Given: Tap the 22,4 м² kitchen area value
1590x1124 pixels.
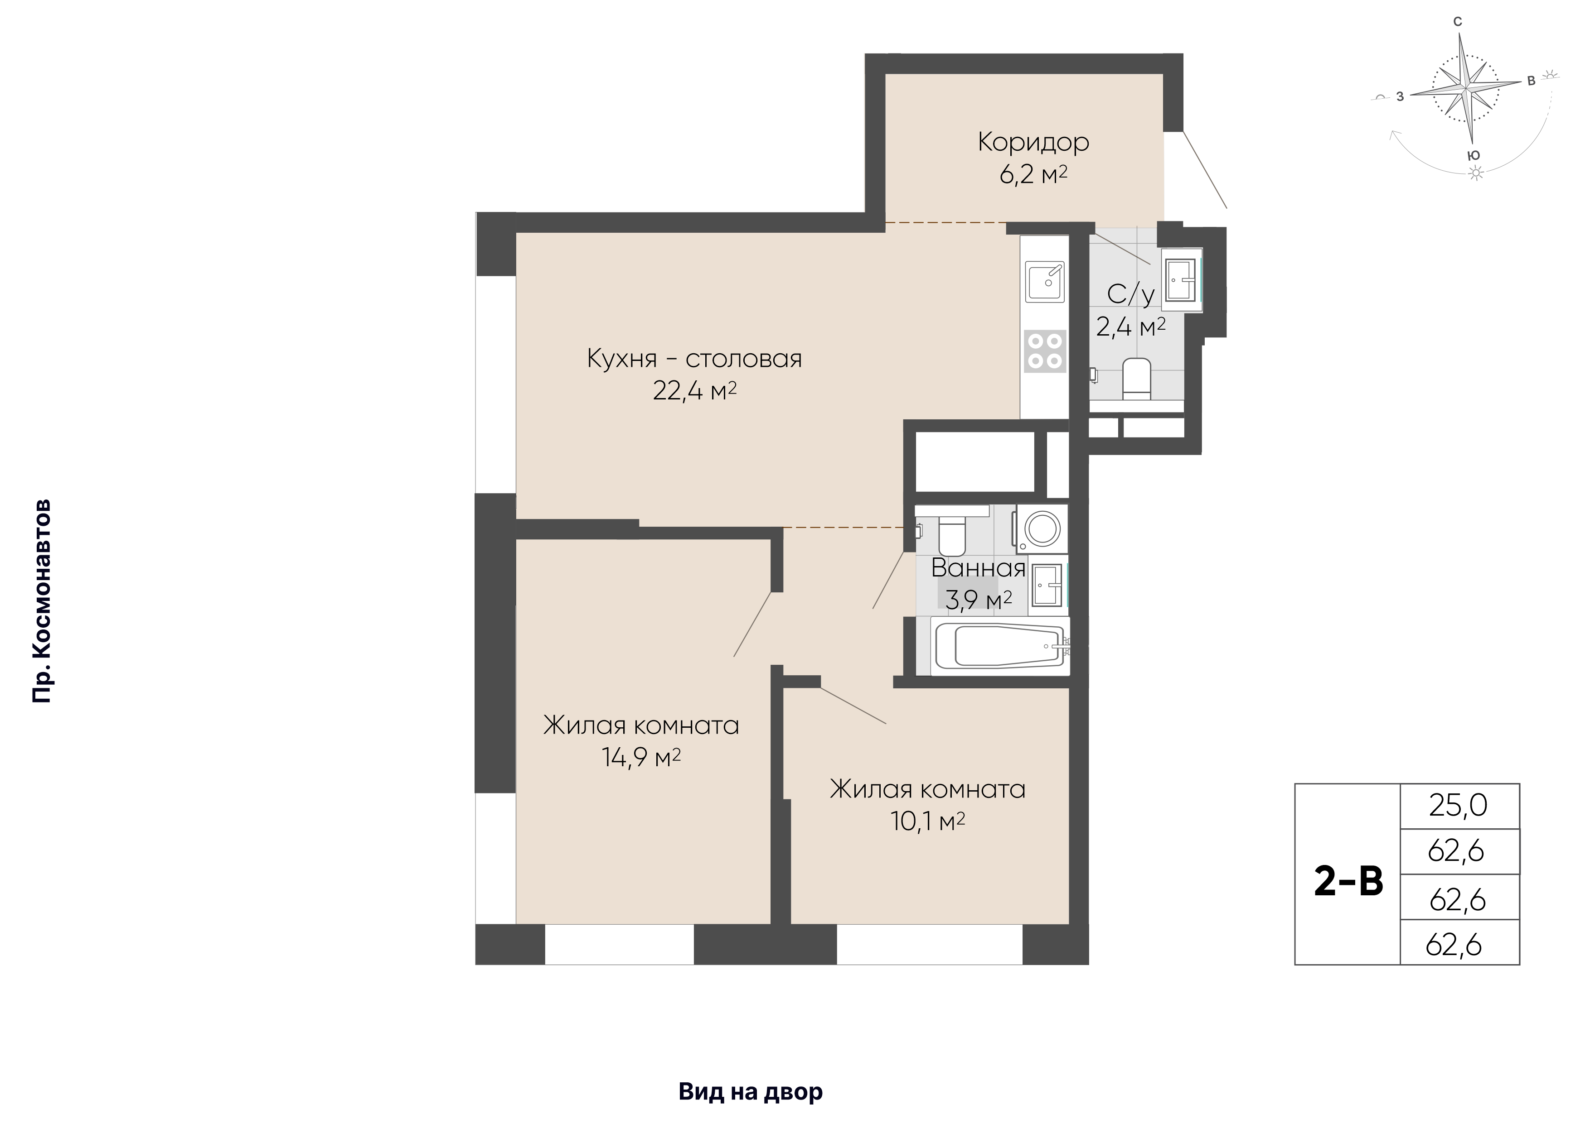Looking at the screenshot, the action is [x=694, y=391].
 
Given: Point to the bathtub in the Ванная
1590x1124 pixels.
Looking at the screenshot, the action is [x=1000, y=646].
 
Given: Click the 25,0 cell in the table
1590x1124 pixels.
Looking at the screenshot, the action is [x=1459, y=806].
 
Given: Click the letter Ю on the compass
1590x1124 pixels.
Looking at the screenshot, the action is [x=1474, y=156].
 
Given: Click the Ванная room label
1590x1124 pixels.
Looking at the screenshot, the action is [x=978, y=568].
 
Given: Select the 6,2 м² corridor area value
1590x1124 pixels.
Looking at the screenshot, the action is [x=1033, y=174].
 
